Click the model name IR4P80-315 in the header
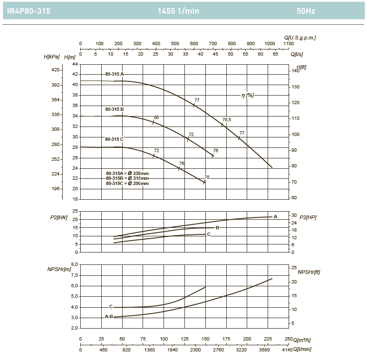click(29, 11)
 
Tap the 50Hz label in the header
click(305, 11)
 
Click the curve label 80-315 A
click(115, 74)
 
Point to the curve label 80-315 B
click(115, 109)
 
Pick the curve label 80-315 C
click(115, 139)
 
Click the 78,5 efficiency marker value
click(227, 119)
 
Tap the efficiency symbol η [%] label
click(248, 95)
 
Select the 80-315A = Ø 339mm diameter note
click(127, 173)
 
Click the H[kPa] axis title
click(52, 57)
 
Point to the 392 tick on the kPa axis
click(56, 85)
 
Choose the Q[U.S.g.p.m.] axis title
click(300, 37)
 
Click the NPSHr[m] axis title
click(59, 270)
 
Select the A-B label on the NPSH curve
click(109, 316)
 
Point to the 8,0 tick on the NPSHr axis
click(74, 264)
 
